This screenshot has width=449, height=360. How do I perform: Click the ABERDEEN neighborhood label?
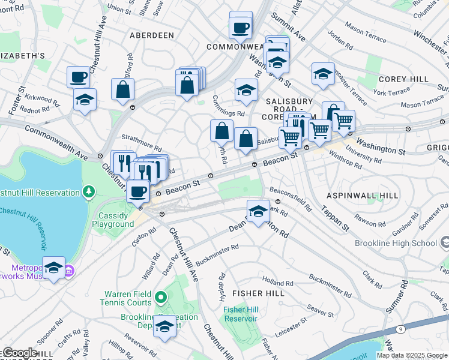point(152,35)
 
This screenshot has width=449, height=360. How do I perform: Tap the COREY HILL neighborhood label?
point(403,79)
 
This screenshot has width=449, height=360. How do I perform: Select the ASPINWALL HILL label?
point(362,196)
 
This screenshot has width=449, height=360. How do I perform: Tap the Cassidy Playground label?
point(113,220)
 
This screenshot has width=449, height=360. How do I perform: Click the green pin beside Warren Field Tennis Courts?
point(160,296)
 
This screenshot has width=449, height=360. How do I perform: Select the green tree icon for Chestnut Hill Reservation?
point(89,192)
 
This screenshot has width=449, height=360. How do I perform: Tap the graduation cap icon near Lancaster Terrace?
point(323,73)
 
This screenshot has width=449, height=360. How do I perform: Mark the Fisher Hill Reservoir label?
point(240,314)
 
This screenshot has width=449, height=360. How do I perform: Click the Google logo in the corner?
point(20,353)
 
